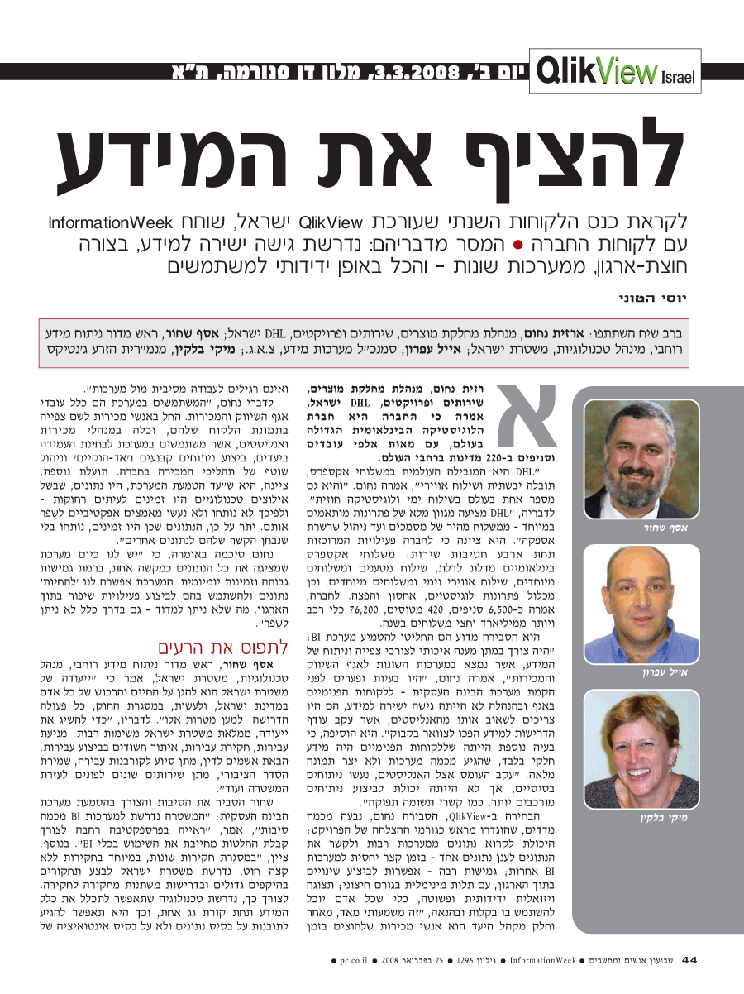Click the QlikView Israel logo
[x=616, y=73]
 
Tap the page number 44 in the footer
[x=689, y=960]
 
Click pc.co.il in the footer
[x=347, y=961]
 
